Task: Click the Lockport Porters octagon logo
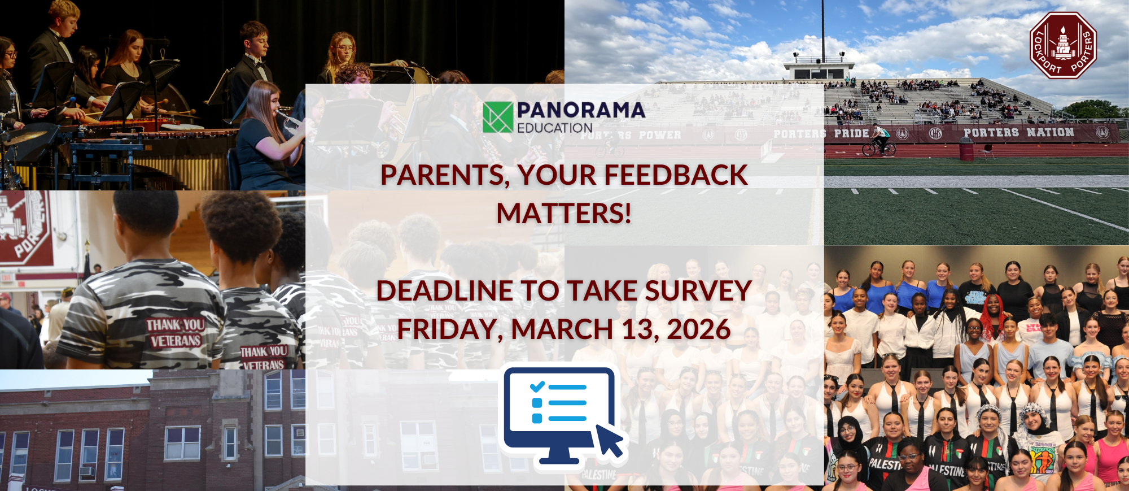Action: point(1063,45)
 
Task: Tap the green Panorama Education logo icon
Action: point(498,117)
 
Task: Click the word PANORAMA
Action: point(581,110)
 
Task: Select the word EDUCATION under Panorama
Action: point(554,128)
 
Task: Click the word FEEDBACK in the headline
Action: point(676,175)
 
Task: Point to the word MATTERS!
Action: point(564,214)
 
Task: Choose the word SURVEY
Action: point(698,291)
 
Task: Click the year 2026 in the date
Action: point(699,329)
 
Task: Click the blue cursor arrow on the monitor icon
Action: point(610,440)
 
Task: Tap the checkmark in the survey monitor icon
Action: point(537,387)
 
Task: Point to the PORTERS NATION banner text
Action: point(1018,133)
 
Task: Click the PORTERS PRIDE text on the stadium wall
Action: point(821,134)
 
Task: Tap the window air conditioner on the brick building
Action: point(86,470)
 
